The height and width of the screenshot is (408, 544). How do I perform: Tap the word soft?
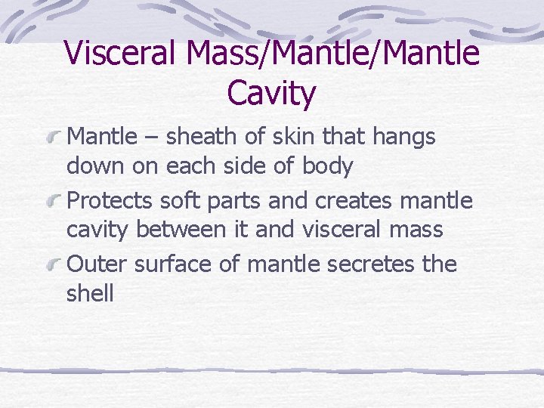coord(186,201)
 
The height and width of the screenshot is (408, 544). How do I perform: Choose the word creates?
coord(360,201)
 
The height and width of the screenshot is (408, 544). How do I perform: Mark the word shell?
coord(90,293)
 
